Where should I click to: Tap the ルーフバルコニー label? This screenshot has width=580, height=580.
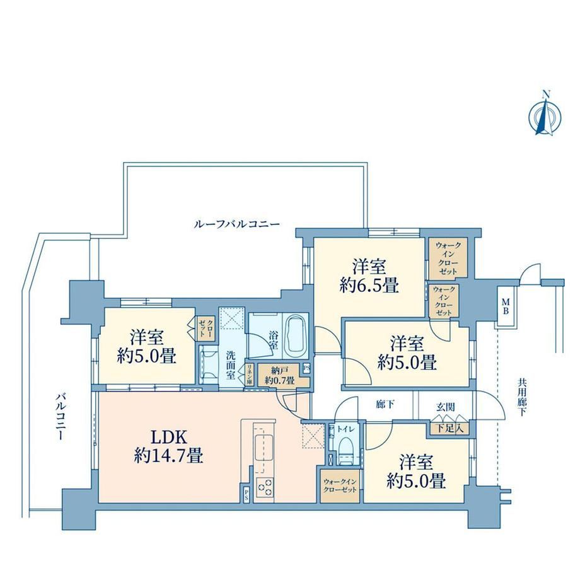click(237, 224)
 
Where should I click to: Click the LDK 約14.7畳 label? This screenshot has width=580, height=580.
click(169, 447)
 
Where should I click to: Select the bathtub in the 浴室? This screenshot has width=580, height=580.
click(298, 334)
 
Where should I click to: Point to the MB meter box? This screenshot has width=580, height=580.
click(505, 306)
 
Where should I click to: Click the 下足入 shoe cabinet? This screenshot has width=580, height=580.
click(449, 428)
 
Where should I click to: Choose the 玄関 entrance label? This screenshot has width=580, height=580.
click(445, 407)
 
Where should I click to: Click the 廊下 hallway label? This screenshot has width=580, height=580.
click(385, 405)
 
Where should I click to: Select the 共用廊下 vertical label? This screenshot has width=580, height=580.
click(522, 397)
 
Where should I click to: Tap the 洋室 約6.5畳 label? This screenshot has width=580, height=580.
click(369, 275)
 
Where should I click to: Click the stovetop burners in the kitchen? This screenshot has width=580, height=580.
click(265, 486)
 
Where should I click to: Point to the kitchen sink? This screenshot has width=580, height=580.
click(263, 447)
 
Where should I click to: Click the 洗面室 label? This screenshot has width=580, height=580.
click(231, 365)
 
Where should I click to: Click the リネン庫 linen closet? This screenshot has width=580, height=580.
click(250, 375)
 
